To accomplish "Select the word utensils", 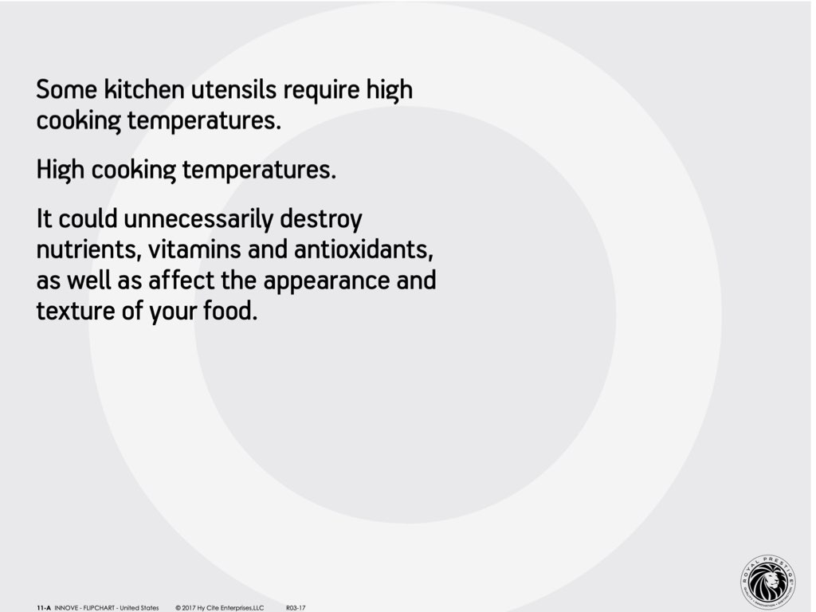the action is (x=233, y=89).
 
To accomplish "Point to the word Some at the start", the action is (x=67, y=89).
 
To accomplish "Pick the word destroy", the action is (x=321, y=220).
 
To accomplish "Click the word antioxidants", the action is (x=363, y=249).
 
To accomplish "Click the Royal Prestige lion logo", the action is (x=767, y=583).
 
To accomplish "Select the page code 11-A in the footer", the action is (x=44, y=608).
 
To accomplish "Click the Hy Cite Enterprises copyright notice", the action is (x=220, y=608).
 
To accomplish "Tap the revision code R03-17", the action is (x=296, y=608).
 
